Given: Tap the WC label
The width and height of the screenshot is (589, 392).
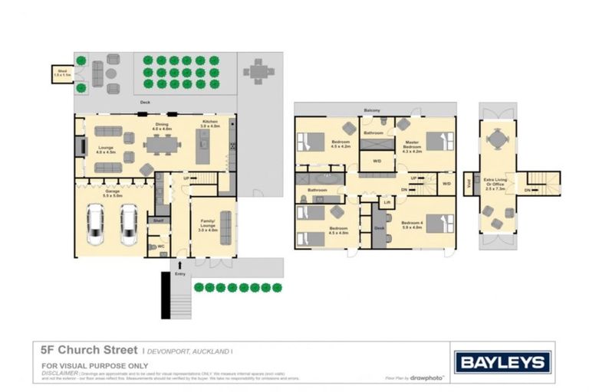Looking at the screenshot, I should click(x=162, y=247).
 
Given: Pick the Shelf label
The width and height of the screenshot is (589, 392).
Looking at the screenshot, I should click(x=158, y=220).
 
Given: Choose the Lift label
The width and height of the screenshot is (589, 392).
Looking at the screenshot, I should click(x=387, y=202).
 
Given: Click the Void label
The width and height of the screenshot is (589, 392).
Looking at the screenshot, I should click(x=469, y=182).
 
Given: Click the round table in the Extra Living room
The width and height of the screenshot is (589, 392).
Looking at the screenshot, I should click(x=499, y=139).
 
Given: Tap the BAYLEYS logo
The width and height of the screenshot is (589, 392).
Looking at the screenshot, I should click(x=502, y=362).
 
